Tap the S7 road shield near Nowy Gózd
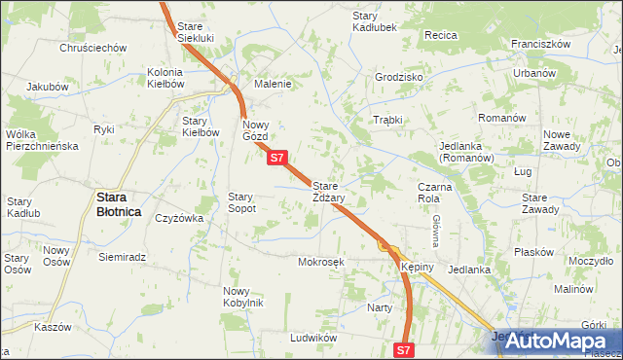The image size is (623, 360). point(276,158)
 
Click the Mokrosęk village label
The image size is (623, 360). point(321,262)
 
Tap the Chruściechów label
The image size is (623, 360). point(93,48)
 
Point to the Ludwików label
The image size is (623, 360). point(312,338)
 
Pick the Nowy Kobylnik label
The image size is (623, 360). point(242,297)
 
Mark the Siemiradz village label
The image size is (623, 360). point(122,258)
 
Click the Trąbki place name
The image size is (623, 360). point(387,120)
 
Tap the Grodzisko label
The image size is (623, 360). point(398,77)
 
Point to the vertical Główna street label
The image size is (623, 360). point(437,232)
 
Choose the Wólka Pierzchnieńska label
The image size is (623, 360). point(41,140)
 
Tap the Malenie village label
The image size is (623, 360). point(273,84)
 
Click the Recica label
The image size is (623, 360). point(441,35)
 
